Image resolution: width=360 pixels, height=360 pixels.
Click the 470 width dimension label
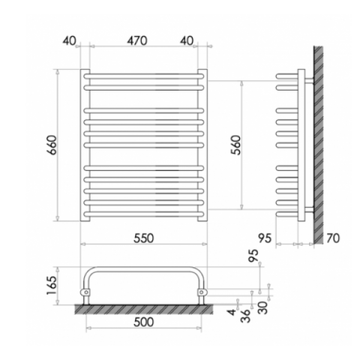point(136,40)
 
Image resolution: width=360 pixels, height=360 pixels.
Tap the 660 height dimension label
point(53,145)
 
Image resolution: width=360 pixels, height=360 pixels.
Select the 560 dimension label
point(236,145)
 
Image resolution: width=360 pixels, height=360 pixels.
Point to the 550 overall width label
point(143,238)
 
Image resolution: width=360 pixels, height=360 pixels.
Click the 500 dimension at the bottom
point(143,322)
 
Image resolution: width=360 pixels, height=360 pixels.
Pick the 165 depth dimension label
point(52,285)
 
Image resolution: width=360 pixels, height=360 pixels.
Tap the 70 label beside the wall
point(333,238)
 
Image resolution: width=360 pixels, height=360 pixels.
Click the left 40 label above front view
point(69,40)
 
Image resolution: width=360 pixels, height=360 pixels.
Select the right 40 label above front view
point(187,40)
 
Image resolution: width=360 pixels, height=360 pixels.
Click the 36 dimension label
point(245,316)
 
